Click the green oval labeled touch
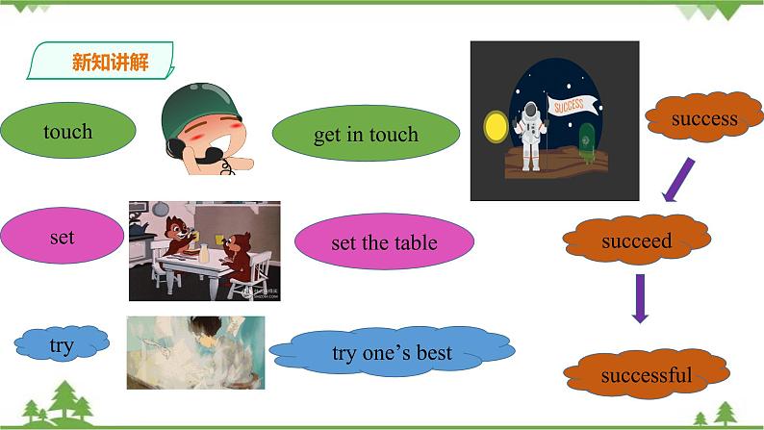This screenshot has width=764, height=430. tap(68, 132)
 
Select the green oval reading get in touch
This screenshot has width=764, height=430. tap(366, 135)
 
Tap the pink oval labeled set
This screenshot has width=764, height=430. tap(62, 237)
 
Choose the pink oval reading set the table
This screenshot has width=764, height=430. tap(384, 241)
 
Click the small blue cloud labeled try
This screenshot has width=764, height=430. tap(61, 345)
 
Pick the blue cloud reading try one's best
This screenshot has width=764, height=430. tap(391, 353)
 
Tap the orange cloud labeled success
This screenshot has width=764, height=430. tap(703, 119)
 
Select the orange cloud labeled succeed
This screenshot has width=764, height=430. tap(636, 240)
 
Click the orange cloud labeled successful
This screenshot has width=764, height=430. tap(646, 375)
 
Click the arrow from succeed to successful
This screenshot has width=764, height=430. tap(639, 298)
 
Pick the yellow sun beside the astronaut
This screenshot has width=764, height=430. tap(496, 127)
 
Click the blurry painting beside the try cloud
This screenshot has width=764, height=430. tap(195, 352)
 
